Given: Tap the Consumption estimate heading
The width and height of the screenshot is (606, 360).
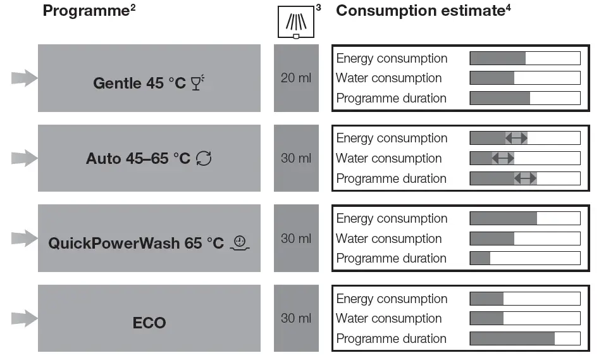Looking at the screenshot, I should pos(420,11).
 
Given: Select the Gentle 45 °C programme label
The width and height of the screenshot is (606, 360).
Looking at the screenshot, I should pos(139,83).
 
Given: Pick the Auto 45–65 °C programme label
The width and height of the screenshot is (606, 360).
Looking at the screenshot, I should pos(138,158).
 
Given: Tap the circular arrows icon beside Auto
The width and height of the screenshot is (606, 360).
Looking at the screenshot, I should pos(204,158).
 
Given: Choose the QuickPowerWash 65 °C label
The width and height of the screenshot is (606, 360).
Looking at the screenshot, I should pos(136,243).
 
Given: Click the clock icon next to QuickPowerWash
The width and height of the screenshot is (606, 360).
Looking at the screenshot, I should pos(240,242).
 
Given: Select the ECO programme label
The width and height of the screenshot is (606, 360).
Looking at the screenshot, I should pos(149,323).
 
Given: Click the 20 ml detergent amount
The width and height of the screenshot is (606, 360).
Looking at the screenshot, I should pos(296,78).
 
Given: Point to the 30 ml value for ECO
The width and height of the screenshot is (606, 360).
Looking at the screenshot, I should pos(296,318).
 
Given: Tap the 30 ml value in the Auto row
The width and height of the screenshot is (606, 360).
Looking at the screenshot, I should pos(296,158).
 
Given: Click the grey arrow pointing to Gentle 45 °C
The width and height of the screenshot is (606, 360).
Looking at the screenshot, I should pos(24,78).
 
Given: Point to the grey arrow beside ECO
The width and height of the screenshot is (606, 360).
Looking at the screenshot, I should pos(24,318).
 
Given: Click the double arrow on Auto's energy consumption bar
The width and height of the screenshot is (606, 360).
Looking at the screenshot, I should pos(516,138).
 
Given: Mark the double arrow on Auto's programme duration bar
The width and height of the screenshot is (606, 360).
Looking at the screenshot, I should pos(525,178).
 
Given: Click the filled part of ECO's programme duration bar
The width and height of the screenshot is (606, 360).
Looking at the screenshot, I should pos(512,338).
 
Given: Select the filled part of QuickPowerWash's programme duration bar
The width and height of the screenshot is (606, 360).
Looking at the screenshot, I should pos(480,258).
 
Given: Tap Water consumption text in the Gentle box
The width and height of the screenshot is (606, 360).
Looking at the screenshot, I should pos(388,78).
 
